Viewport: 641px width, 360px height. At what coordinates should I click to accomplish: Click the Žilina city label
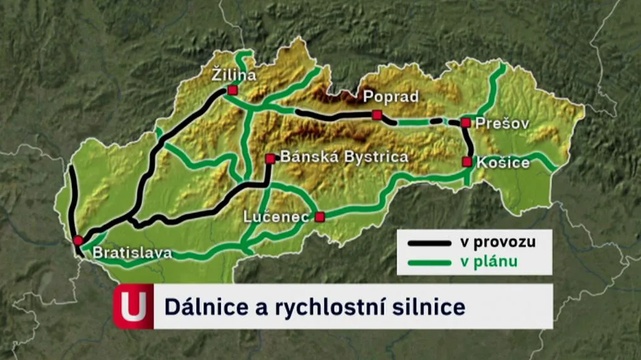pyautogui.click(x=233, y=76)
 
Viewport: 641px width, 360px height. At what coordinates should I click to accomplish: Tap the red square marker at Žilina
pyautogui.click(x=232, y=90)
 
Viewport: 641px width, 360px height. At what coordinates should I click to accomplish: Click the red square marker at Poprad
pyautogui.click(x=377, y=115)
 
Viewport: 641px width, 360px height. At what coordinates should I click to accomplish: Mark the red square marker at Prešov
pyautogui.click(x=466, y=123)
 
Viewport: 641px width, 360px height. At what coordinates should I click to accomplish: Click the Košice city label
pyautogui.click(x=503, y=163)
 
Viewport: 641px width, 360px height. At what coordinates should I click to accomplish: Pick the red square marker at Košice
pyautogui.click(x=467, y=162)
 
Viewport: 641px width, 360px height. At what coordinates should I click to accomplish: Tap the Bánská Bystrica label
pyautogui.click(x=344, y=157)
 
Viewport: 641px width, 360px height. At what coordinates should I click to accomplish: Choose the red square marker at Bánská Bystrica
pyautogui.click(x=270, y=159)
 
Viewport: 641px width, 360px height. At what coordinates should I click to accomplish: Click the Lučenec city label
pyautogui.click(x=275, y=217)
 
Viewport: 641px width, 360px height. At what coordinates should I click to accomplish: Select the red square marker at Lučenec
pyautogui.click(x=320, y=217)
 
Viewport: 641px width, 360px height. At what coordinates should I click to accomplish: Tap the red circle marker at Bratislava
pyautogui.click(x=78, y=240)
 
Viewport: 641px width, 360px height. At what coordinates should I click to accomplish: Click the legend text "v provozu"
pyautogui.click(x=498, y=242)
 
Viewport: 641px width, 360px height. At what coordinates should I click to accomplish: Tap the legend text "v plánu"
pyautogui.click(x=489, y=262)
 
